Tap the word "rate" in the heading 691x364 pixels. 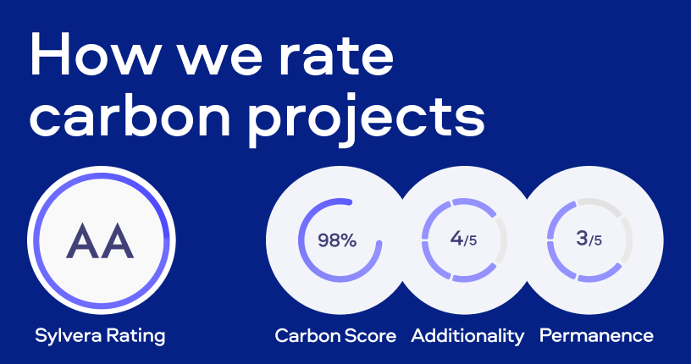click(336, 57)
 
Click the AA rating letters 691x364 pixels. click(100, 240)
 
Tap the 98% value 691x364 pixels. click(337, 240)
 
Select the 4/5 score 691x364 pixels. click(463, 240)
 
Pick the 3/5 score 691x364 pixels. click(589, 240)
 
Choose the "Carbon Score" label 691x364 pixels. click(335, 336)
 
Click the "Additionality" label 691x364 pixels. click(467, 336)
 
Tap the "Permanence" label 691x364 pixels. click(596, 336)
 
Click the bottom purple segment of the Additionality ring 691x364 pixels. click(474, 274)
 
